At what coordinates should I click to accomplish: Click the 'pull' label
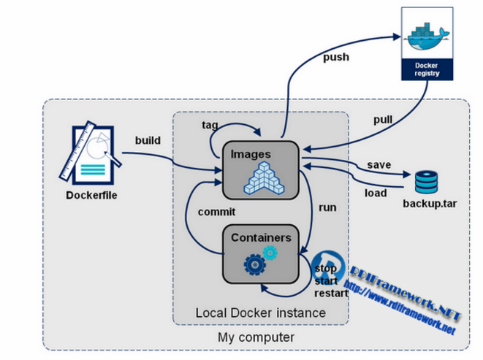pos(382,119)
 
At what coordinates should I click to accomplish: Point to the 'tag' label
pos(210,124)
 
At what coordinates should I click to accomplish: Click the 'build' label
pos(148,139)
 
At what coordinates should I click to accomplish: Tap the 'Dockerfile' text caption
pos(91,195)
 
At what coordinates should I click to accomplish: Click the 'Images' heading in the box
pos(251,154)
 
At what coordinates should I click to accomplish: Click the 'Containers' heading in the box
pos(261,237)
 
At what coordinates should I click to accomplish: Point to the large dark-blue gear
pos(253,263)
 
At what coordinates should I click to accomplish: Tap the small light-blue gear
pos(270,252)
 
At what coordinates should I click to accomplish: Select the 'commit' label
pos(216,212)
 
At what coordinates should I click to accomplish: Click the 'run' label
pos(327,207)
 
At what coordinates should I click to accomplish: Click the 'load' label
pos(376,193)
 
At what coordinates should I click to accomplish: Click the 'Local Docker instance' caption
pos(260,313)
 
